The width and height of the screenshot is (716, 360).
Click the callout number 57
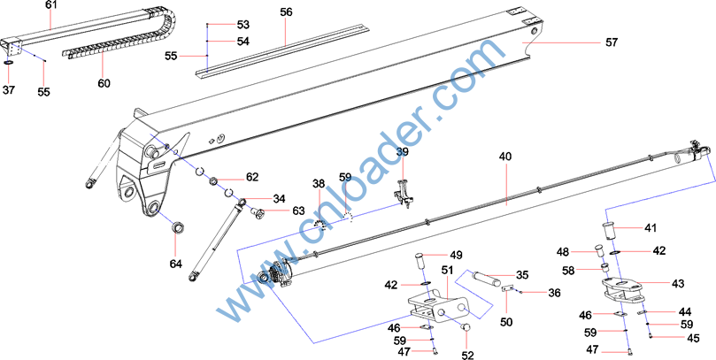pyautogui.click(x=612, y=42)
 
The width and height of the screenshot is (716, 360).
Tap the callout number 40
pyautogui.click(x=505, y=157)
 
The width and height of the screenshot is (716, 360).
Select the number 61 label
pyautogui.click(x=51, y=5)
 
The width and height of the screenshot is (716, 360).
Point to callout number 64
pyautogui.click(x=176, y=264)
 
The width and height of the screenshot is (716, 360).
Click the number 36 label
pyautogui.click(x=554, y=293)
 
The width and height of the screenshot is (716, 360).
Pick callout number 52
pyautogui.click(x=468, y=355)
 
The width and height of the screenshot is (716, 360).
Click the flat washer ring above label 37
pyautogui.click(x=9, y=62)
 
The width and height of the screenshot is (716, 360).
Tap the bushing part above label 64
pyautogui.click(x=176, y=226)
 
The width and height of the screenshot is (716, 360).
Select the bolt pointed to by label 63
pyautogui.click(x=258, y=211)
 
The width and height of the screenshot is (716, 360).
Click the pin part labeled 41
pyautogui.click(x=609, y=231)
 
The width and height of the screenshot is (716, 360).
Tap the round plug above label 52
pyautogui.click(x=465, y=326)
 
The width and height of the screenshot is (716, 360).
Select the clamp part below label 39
pyautogui.click(x=403, y=193)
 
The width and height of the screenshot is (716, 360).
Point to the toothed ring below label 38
pyautogui.click(x=320, y=225)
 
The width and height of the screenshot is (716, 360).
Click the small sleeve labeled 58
pyautogui.click(x=605, y=267)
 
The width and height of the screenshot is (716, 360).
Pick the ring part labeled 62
pyautogui.click(x=214, y=182)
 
